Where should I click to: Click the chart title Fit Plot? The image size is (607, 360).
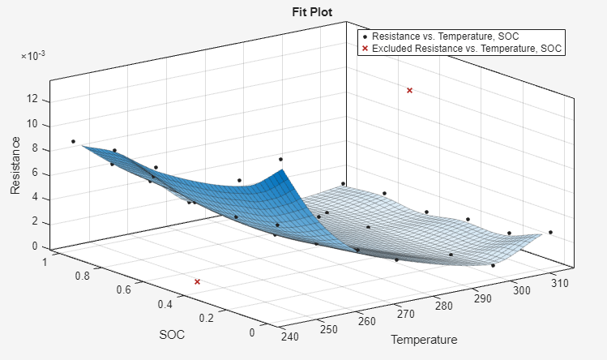pos(312,12)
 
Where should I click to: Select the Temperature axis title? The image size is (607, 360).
pos(424,339)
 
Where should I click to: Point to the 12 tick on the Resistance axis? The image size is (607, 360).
pos(32,100)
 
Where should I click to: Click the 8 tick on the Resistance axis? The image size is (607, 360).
pos(35,149)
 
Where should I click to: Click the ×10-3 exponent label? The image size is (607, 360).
pos(33,56)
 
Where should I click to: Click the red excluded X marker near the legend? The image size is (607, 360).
pos(409,91)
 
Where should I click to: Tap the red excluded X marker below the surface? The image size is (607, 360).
pos(197,281)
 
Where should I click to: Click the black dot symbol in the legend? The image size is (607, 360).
pos(365,36)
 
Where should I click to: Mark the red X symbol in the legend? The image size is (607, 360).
pos(365,49)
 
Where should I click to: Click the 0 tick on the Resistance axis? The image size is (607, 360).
pos(35,246)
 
